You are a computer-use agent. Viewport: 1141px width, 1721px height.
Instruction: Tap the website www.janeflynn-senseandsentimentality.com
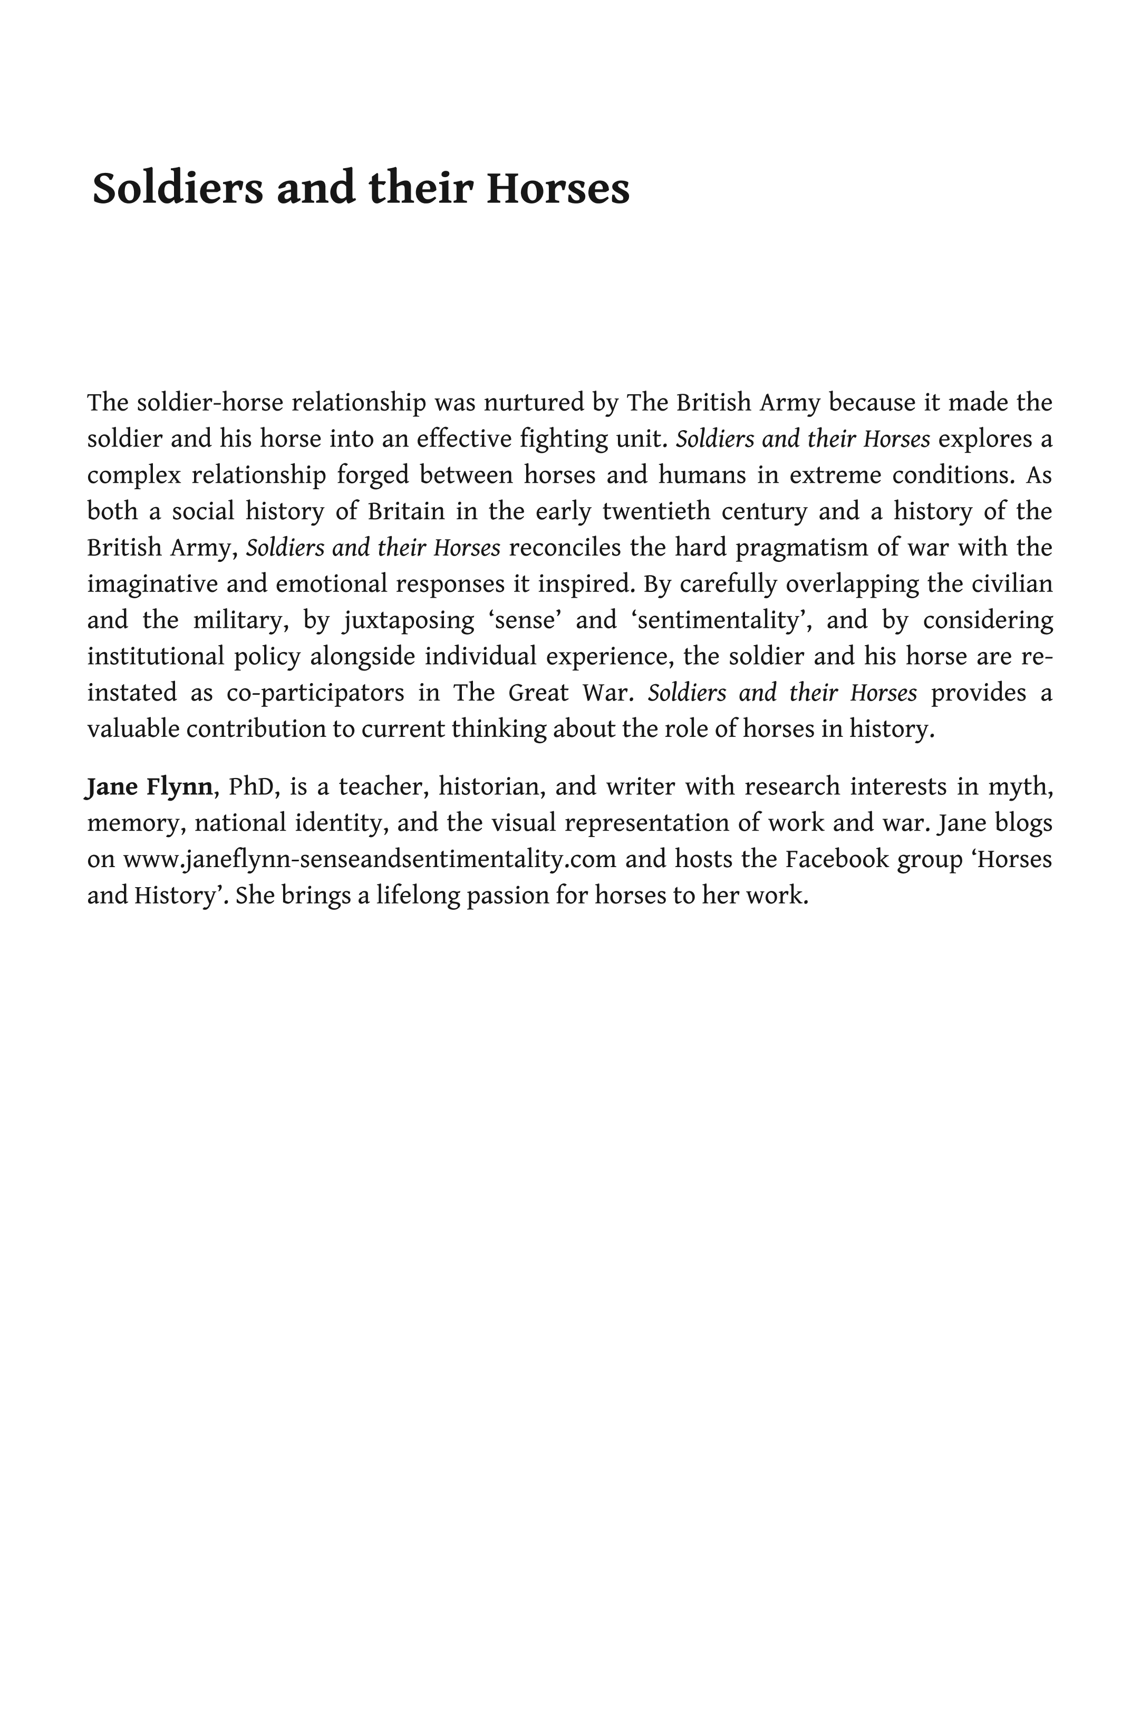[x=370, y=859]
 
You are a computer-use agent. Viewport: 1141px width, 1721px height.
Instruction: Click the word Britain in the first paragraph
[x=406, y=511]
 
